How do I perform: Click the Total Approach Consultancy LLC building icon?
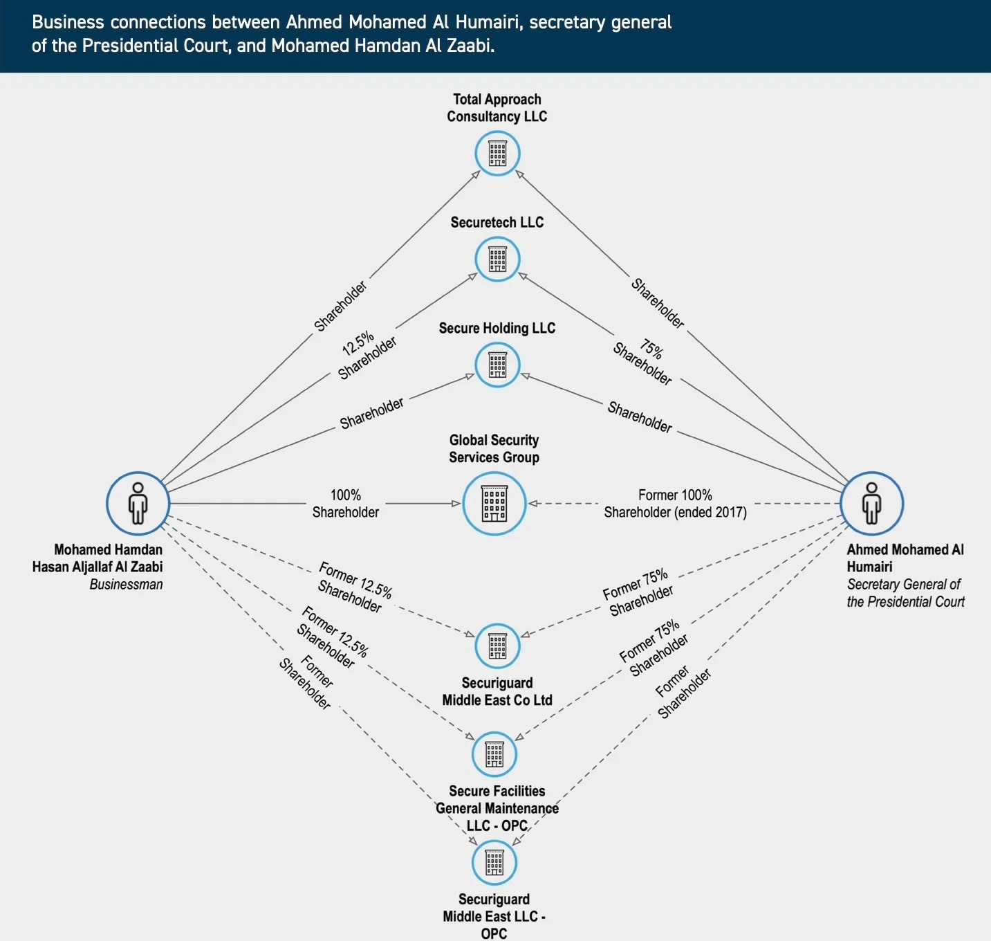pos(497,154)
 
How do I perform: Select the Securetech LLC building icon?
pos(497,259)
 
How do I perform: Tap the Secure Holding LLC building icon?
pos(497,365)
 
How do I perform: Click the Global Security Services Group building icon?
pos(494,504)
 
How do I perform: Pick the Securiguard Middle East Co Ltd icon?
pos(497,646)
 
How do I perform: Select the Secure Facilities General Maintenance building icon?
pos(494,754)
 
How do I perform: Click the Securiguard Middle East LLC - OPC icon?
pos(494,863)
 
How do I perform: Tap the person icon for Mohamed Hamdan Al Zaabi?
pos(138,504)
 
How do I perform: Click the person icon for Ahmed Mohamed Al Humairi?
pos(871,504)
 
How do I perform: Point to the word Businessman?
pos(126,585)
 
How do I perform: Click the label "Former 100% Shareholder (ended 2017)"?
pos(675,504)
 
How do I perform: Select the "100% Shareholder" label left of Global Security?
pos(345,504)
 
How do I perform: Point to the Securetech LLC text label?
pos(497,222)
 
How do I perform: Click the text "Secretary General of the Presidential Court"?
pos(905,593)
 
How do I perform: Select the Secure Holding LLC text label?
pos(497,328)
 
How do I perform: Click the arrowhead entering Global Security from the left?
pos(456,504)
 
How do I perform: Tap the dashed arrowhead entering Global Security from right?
pos(533,504)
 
